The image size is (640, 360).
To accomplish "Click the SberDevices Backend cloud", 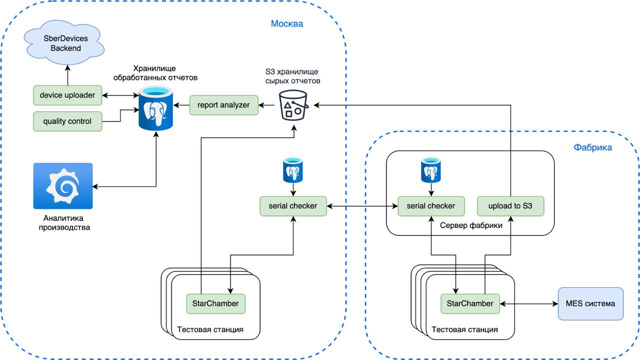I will click(x=64, y=43).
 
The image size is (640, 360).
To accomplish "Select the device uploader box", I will click(x=67, y=95).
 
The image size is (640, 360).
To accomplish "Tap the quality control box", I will click(x=67, y=121).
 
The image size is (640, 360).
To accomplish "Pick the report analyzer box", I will click(x=223, y=105).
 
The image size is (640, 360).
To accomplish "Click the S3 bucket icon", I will click(x=292, y=104).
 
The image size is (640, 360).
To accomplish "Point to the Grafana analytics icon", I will click(x=63, y=186).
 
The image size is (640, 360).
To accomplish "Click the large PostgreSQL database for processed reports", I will click(x=156, y=107).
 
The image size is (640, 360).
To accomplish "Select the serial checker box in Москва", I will click(x=293, y=205).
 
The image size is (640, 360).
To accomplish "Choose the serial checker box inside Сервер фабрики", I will click(x=431, y=205).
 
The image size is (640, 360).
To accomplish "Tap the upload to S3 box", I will click(x=510, y=205).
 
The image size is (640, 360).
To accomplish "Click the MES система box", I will click(x=590, y=303).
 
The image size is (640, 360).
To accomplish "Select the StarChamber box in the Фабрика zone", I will click(x=470, y=303).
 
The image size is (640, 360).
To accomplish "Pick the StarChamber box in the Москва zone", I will click(x=215, y=303).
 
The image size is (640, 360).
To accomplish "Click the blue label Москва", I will click(x=287, y=23).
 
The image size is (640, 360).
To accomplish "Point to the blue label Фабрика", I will click(x=592, y=147).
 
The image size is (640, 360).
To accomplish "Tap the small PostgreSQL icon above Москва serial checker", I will click(x=292, y=170).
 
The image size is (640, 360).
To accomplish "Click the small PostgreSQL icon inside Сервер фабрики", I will click(x=431, y=170).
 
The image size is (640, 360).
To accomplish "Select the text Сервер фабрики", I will click(x=471, y=225).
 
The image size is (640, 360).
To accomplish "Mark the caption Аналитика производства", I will click(x=63, y=223).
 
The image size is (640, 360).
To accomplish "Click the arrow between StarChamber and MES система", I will click(x=528, y=303).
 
